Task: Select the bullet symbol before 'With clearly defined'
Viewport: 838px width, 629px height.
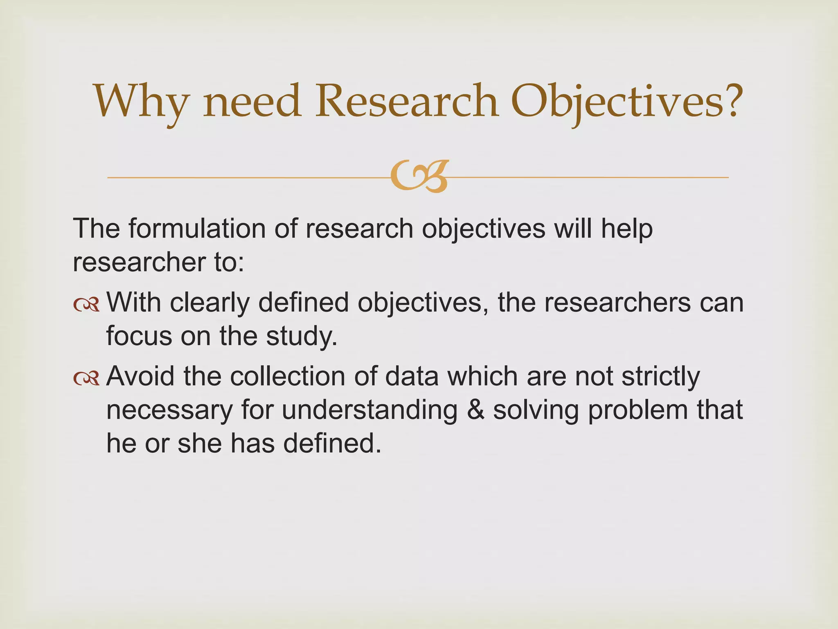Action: tap(86, 305)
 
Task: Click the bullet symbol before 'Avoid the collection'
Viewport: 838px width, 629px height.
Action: tap(86, 378)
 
